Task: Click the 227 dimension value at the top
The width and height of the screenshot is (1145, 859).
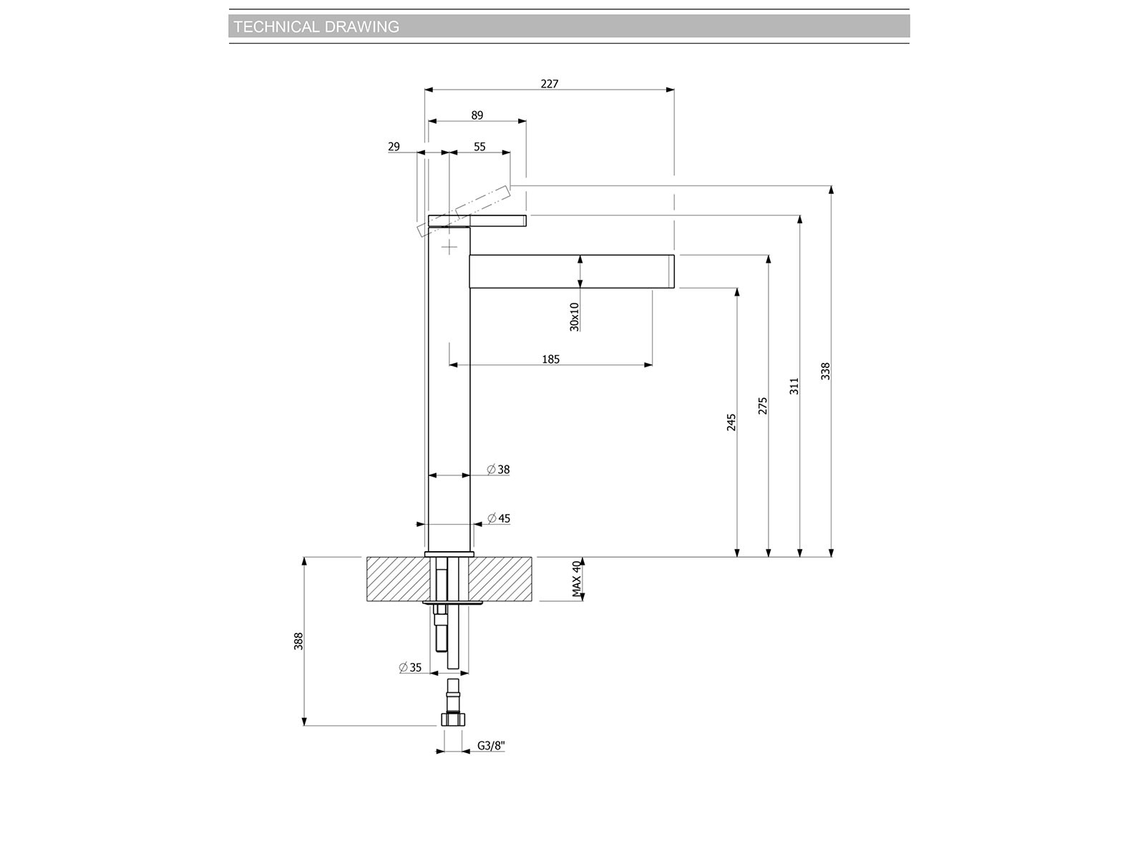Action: [x=550, y=84]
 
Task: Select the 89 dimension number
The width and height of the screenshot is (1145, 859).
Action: [x=477, y=115]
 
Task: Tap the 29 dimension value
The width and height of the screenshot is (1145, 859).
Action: [x=394, y=147]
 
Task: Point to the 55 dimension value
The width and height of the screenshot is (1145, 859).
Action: [x=479, y=147]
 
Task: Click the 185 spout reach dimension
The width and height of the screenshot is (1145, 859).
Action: [x=550, y=359]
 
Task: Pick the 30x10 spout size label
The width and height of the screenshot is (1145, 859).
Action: [x=575, y=316]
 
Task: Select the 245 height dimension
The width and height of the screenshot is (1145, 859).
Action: [x=731, y=422]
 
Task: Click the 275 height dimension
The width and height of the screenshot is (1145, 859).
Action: [x=763, y=406]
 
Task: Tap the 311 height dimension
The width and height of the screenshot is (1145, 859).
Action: [x=794, y=386]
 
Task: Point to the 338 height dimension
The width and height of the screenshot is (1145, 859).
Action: [x=825, y=371]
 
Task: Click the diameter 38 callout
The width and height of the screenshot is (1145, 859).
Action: [x=498, y=470]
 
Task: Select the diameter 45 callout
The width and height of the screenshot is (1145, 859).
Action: [x=499, y=518]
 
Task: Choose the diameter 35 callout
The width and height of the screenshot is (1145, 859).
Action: [x=410, y=667]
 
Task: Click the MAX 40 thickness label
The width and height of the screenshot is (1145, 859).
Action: [x=576, y=579]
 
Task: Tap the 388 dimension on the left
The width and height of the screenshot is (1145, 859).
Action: [x=298, y=641]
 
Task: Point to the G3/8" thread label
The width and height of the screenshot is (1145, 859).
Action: [x=491, y=746]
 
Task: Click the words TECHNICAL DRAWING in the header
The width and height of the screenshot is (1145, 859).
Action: [x=316, y=26]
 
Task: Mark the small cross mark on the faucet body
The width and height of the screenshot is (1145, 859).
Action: [x=449, y=247]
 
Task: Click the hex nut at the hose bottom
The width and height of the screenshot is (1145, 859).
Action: [x=453, y=719]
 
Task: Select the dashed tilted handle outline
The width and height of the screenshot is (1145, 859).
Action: [x=463, y=211]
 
